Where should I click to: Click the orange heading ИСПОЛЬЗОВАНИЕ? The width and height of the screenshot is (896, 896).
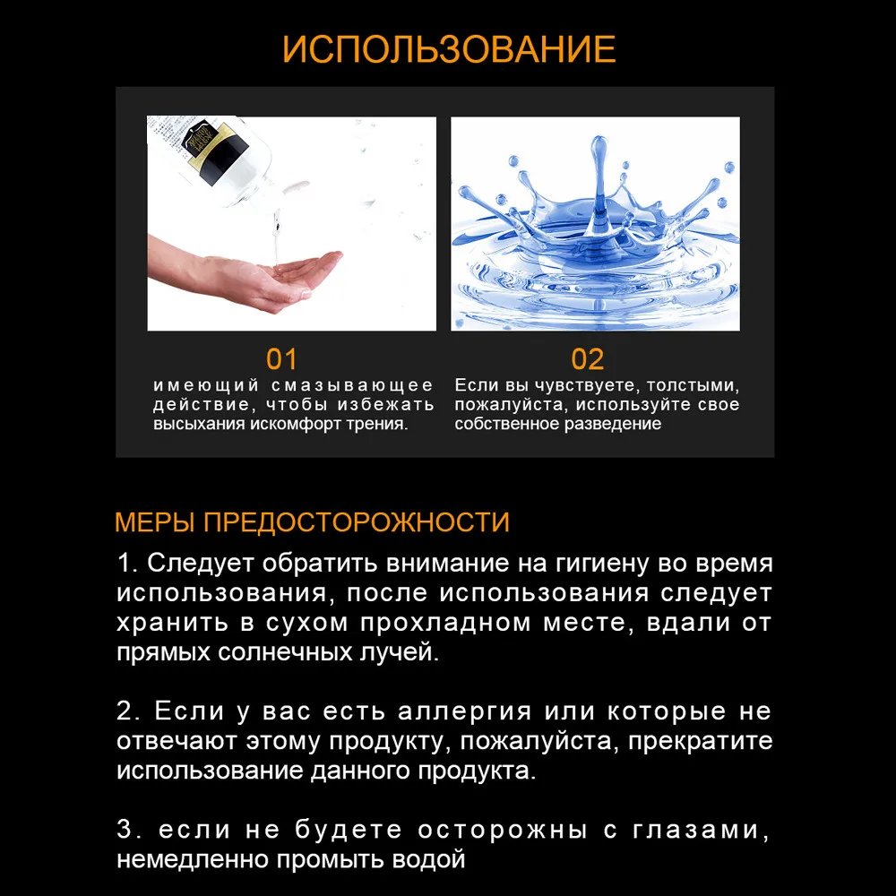(x=449, y=49)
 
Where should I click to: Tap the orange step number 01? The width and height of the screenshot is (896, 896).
(x=281, y=359)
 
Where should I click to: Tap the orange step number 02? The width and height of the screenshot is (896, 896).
(x=588, y=359)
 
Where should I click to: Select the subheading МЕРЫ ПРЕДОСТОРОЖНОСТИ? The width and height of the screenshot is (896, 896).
(x=312, y=522)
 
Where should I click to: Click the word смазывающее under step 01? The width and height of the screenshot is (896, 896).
(x=352, y=385)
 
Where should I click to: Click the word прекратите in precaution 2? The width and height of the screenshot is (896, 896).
(x=701, y=742)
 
